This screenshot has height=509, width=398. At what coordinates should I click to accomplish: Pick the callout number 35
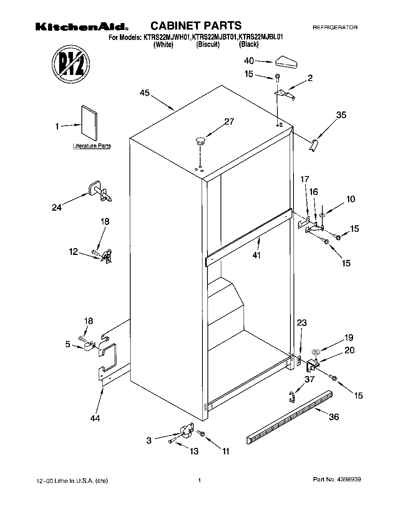(341, 115)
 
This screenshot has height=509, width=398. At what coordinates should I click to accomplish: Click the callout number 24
(56, 208)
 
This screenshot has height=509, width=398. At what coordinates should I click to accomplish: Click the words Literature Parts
(92, 146)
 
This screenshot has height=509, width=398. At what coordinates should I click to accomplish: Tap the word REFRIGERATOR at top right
(335, 28)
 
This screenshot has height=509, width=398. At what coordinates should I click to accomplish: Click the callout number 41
(257, 254)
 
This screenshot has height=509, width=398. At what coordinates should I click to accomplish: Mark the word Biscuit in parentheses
(208, 45)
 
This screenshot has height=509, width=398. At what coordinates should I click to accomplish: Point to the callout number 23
(302, 323)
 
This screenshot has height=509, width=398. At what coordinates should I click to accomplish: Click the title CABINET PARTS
(196, 26)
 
